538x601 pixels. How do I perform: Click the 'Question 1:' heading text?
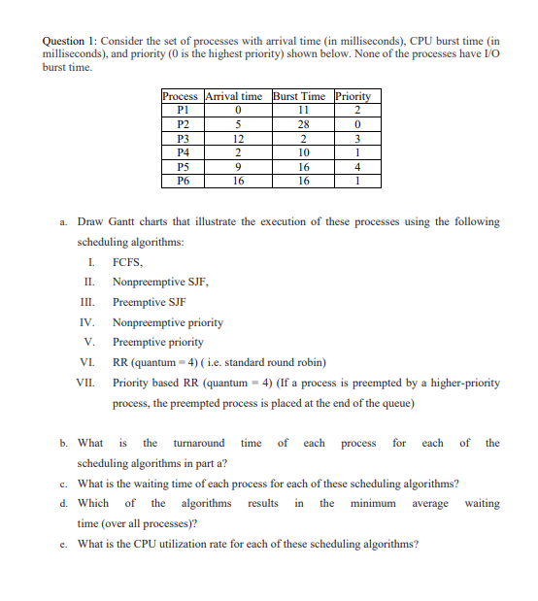pos(71,42)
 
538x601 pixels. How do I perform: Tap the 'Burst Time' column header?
pos(301,96)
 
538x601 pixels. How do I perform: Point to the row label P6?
pos(182,180)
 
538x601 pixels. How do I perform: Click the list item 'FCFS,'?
pos(128,262)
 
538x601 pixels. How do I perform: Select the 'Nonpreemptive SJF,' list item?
pos(161,282)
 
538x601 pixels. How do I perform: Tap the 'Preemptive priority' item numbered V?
pos(158,342)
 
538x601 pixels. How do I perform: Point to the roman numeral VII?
pos(86,383)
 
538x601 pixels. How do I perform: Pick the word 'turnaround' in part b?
pos(198,443)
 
